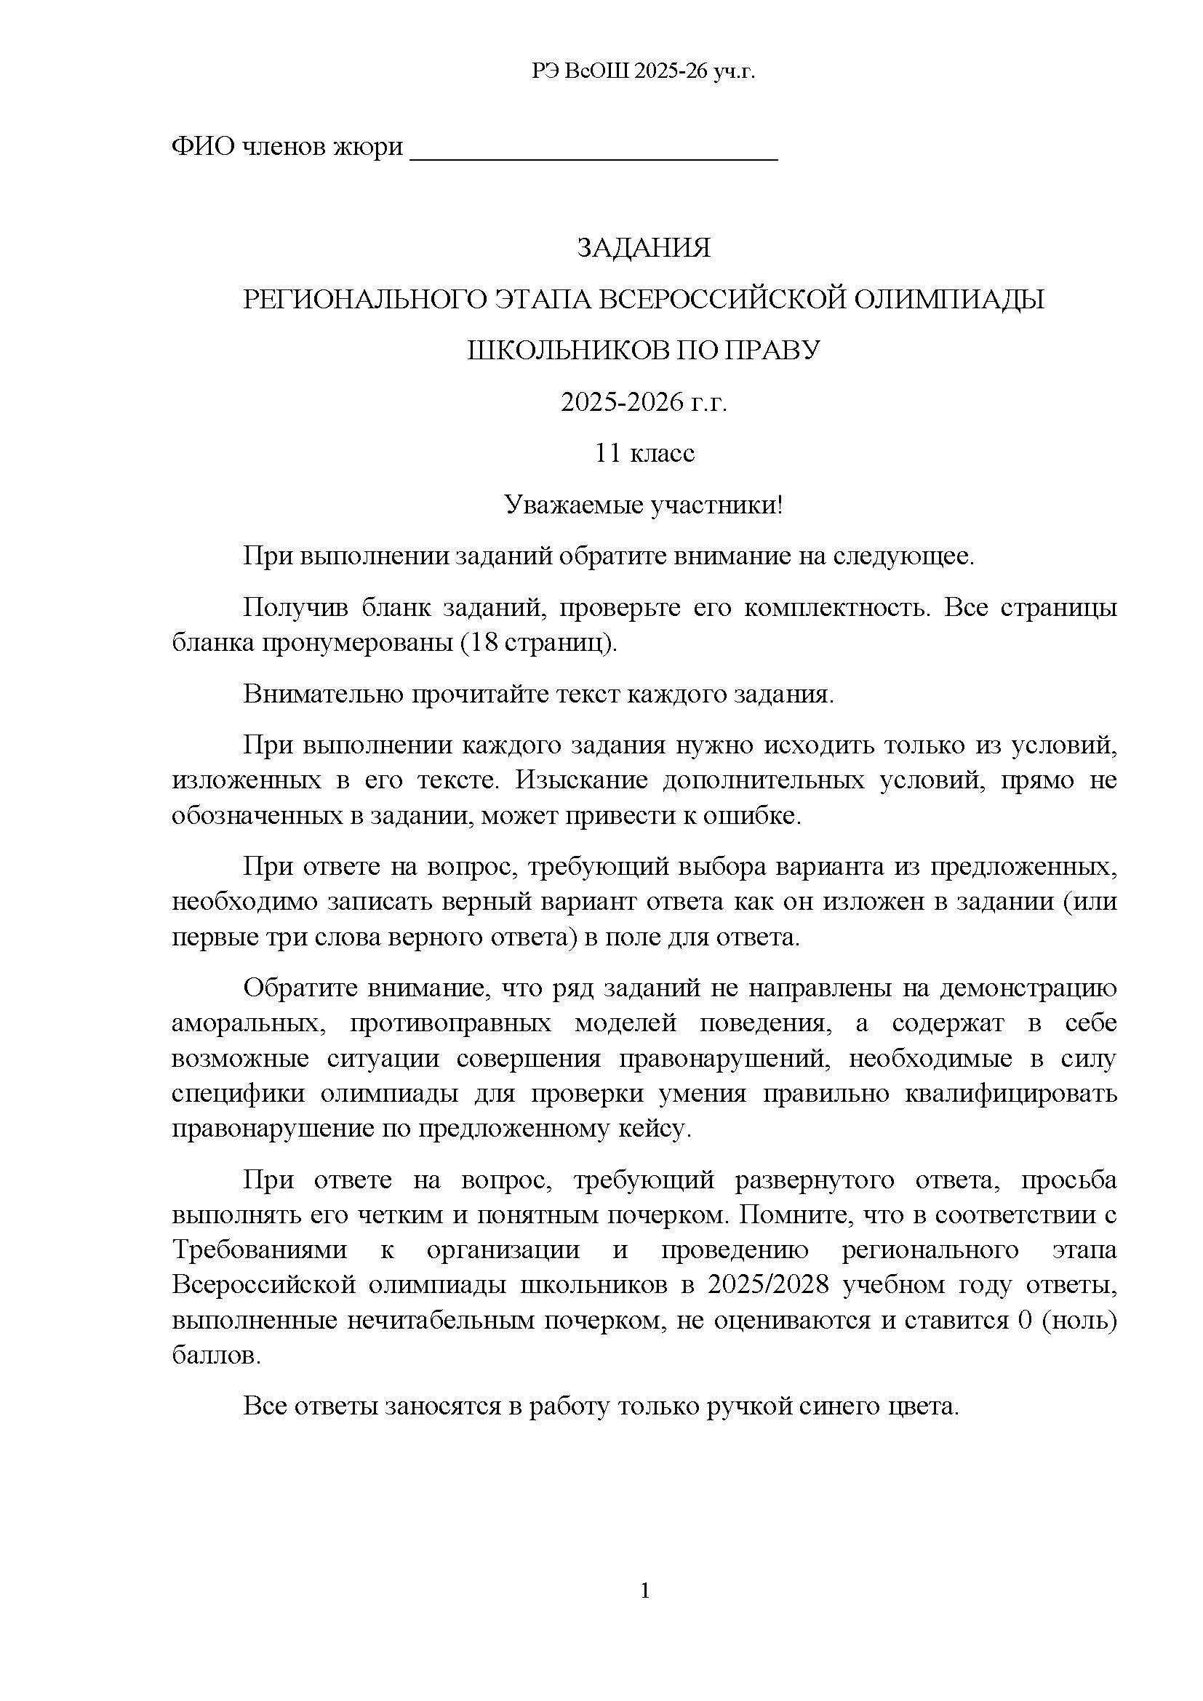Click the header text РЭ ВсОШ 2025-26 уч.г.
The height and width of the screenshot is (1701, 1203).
coord(643,71)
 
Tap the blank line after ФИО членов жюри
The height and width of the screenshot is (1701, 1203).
coord(593,151)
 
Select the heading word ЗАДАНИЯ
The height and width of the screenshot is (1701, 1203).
coord(643,247)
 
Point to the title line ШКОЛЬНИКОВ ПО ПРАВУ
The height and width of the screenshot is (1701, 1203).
coord(643,351)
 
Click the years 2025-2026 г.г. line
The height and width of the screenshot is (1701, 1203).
coord(643,402)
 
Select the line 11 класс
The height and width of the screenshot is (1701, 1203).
coord(643,453)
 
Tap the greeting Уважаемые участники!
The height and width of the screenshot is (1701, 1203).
coord(643,505)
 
